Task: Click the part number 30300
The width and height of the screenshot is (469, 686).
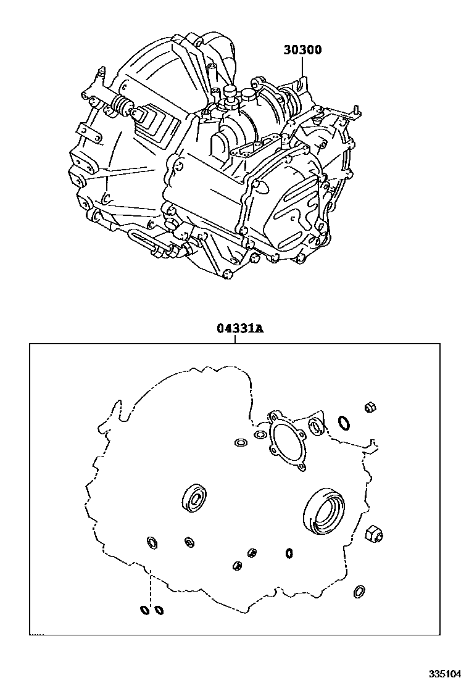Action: [x=302, y=50]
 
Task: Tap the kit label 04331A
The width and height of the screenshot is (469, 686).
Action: [x=239, y=329]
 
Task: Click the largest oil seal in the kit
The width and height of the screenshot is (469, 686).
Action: [x=324, y=510]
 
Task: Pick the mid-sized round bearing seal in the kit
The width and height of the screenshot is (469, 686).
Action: [x=195, y=498]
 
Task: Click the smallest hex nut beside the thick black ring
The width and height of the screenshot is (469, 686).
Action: [x=370, y=408]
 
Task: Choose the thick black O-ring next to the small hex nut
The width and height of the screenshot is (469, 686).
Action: [x=344, y=423]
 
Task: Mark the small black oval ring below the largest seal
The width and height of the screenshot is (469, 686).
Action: [x=289, y=553]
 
